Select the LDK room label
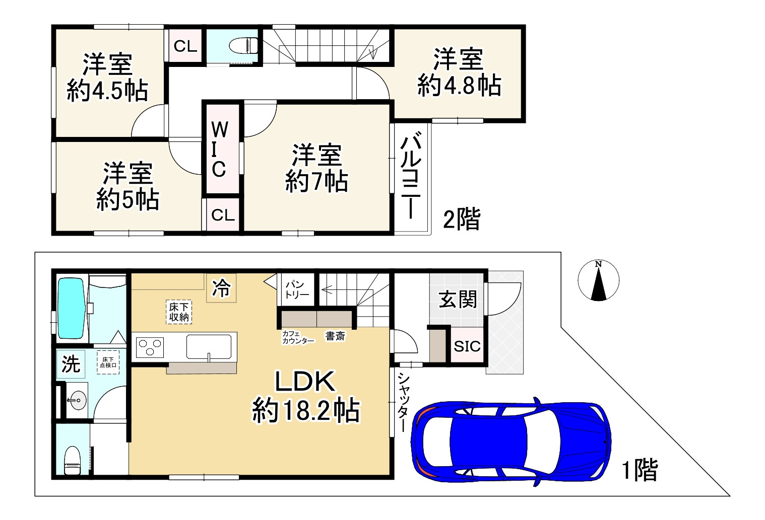(x=304, y=382)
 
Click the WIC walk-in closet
(x=220, y=150)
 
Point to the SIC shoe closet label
(x=467, y=346)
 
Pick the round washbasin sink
(x=77, y=401)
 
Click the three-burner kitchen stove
(x=150, y=347)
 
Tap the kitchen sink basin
(x=209, y=346)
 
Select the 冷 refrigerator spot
(x=221, y=288)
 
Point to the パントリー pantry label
(x=297, y=289)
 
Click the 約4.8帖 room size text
(x=459, y=85)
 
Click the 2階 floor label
(x=461, y=219)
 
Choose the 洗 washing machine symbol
(x=71, y=364)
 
